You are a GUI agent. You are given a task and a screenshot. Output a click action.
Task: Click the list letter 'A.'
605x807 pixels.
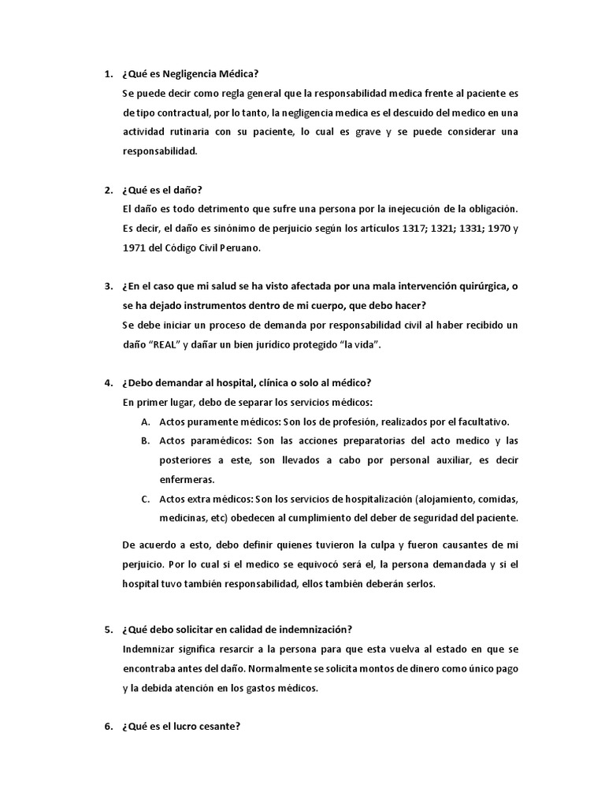point(146,421)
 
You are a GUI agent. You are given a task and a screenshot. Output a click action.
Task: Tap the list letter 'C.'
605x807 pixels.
point(146,499)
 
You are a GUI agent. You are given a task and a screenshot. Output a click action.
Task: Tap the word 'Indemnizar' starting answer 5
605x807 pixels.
point(150,649)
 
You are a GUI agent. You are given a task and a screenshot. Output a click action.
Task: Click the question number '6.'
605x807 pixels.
point(109,727)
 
